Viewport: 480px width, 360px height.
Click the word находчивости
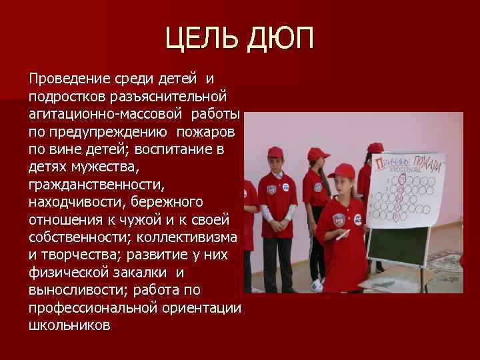tap(73, 202)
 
